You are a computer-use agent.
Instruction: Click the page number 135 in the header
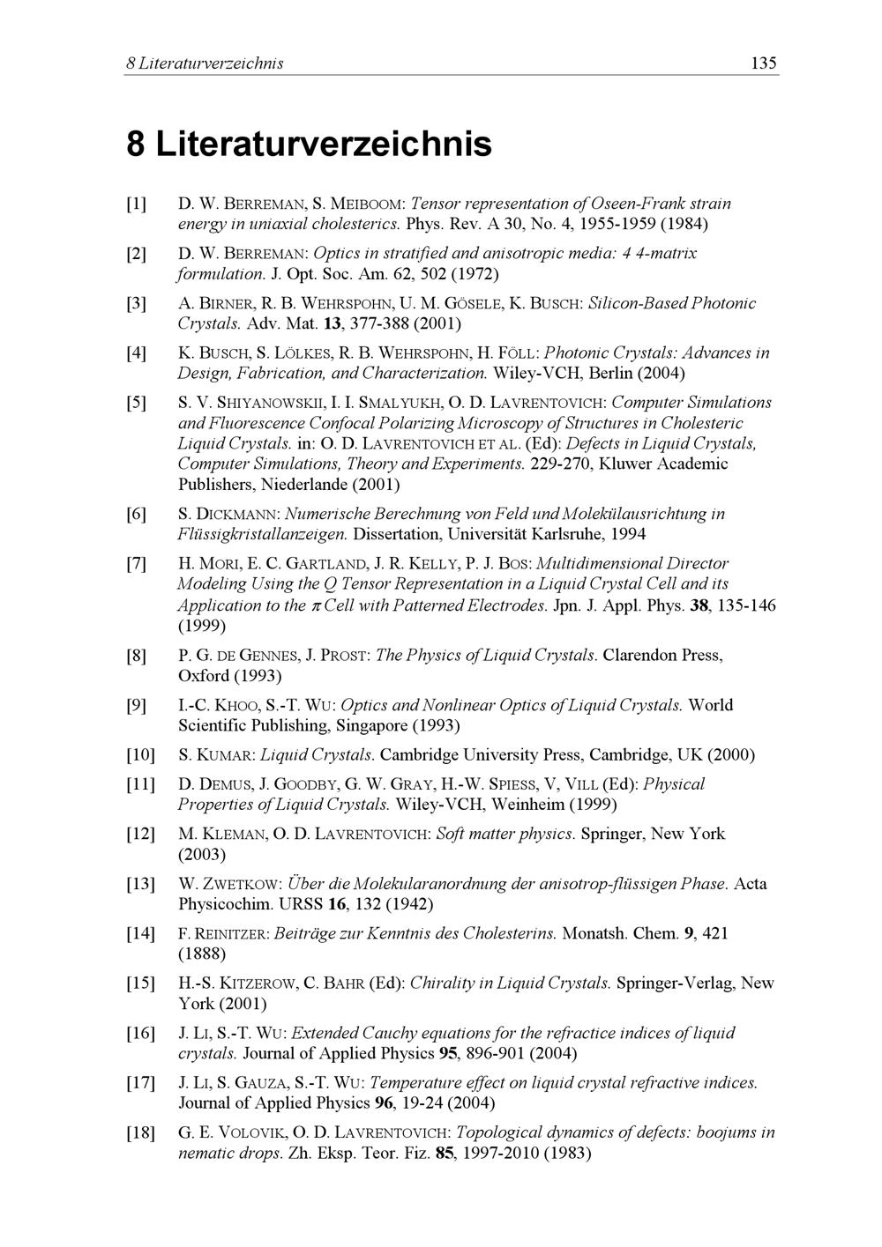[x=763, y=63]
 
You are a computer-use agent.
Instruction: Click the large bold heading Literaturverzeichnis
[x=323, y=143]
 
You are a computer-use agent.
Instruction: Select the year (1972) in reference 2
[x=476, y=273]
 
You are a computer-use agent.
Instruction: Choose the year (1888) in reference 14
[x=202, y=954]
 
